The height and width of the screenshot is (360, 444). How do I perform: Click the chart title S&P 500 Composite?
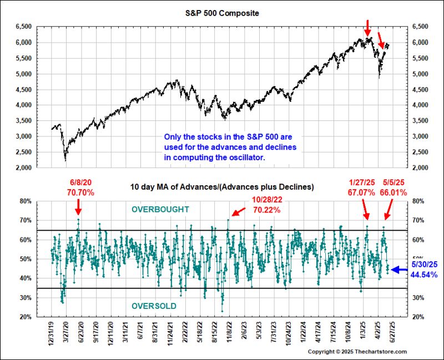pos(222,13)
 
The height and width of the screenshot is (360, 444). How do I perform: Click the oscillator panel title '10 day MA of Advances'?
pos(222,187)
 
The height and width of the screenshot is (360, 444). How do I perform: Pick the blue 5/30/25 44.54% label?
pos(425,270)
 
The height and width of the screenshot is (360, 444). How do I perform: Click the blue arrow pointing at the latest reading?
pos(398,270)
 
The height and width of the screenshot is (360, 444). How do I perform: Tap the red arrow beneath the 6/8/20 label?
pos(78,207)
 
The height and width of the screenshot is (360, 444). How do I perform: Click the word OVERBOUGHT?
pos(160,209)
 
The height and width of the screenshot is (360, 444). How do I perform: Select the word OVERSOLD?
pos(154,306)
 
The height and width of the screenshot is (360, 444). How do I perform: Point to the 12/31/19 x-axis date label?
pos(52,333)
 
